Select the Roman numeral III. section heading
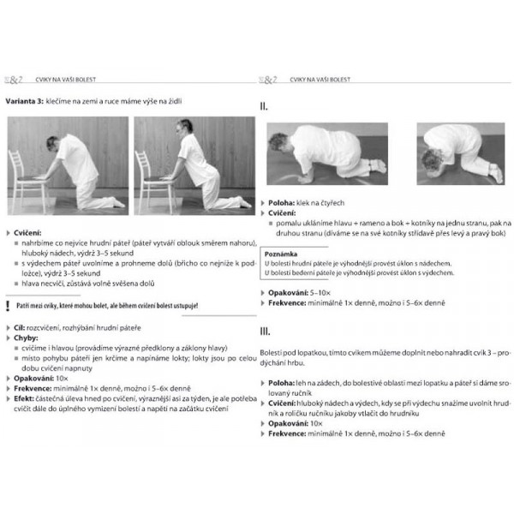(x=266, y=331)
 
